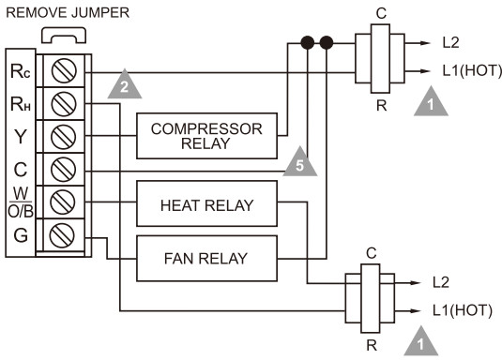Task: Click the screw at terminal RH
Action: [65, 102]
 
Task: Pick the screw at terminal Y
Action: [65, 134]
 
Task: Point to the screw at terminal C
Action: [65, 170]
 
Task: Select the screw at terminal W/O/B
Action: [65, 202]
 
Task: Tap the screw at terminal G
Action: [65, 234]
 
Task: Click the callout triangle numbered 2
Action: [121, 86]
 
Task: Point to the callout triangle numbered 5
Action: [299, 163]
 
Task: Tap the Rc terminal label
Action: [20, 71]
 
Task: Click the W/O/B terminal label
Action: [20, 202]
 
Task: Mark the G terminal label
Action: [20, 234]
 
